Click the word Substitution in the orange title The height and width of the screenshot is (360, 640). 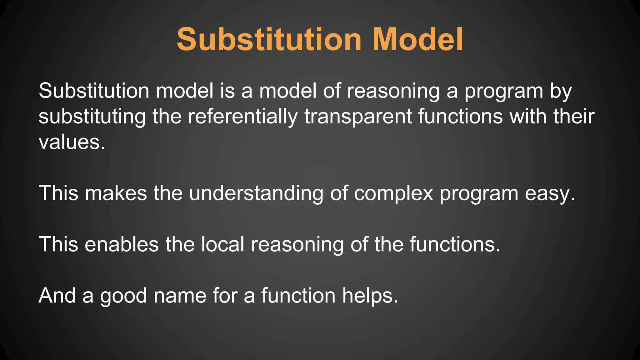[x=269, y=40]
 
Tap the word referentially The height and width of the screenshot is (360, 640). [x=243, y=117]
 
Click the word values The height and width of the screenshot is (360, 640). [x=72, y=142]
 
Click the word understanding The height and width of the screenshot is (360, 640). [x=256, y=193]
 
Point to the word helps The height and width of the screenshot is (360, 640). [x=370, y=296]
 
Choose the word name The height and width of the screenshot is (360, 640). [x=180, y=296]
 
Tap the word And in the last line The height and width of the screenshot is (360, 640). [x=57, y=295]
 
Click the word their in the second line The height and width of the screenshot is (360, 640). [x=574, y=117]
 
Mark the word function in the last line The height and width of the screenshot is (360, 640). [x=298, y=296]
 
